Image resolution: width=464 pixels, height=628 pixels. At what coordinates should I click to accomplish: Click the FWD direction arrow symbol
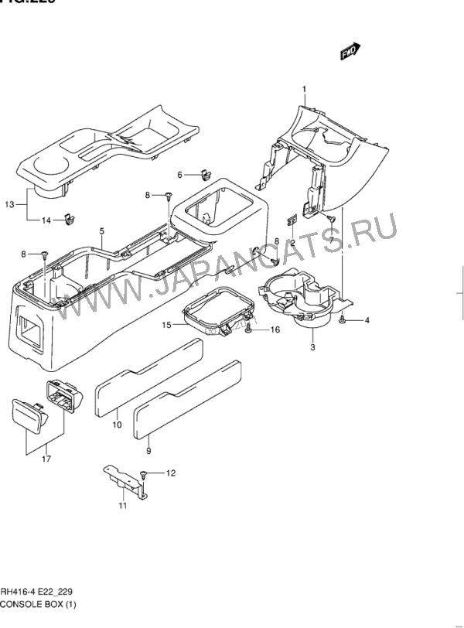350,50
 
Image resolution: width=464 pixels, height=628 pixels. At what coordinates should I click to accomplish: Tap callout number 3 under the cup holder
312,348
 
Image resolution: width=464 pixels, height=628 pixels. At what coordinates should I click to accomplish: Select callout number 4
367,320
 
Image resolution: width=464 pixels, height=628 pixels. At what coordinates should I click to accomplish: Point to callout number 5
101,230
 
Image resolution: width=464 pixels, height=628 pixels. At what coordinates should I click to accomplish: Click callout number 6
179,175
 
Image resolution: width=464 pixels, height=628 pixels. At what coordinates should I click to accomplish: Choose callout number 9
148,449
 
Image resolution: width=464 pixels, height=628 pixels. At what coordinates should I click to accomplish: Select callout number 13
9,204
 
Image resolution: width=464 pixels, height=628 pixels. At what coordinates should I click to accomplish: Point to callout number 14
46,220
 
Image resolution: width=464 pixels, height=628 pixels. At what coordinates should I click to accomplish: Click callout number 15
166,326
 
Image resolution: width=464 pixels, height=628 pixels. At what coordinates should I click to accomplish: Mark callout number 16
274,330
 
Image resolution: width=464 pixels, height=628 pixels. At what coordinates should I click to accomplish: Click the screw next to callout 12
144,473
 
